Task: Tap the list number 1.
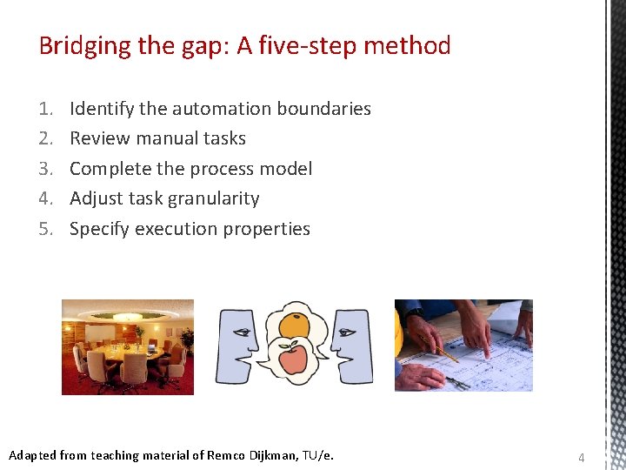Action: click(x=45, y=109)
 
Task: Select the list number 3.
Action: click(x=45, y=169)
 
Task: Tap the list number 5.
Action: click(x=45, y=229)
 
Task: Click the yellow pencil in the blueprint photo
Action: click(x=439, y=348)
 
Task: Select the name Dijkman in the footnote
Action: click(x=271, y=455)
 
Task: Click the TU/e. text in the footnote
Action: click(x=317, y=455)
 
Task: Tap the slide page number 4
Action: click(x=582, y=457)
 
